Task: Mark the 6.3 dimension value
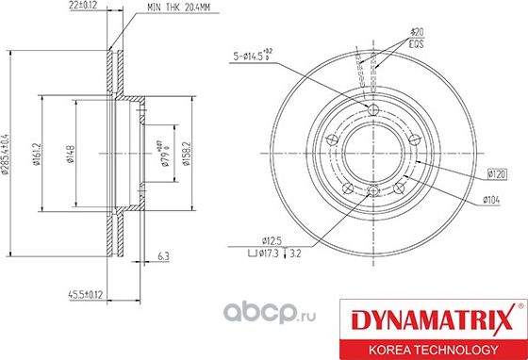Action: pos(163,255)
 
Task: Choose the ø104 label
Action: pos(490,199)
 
